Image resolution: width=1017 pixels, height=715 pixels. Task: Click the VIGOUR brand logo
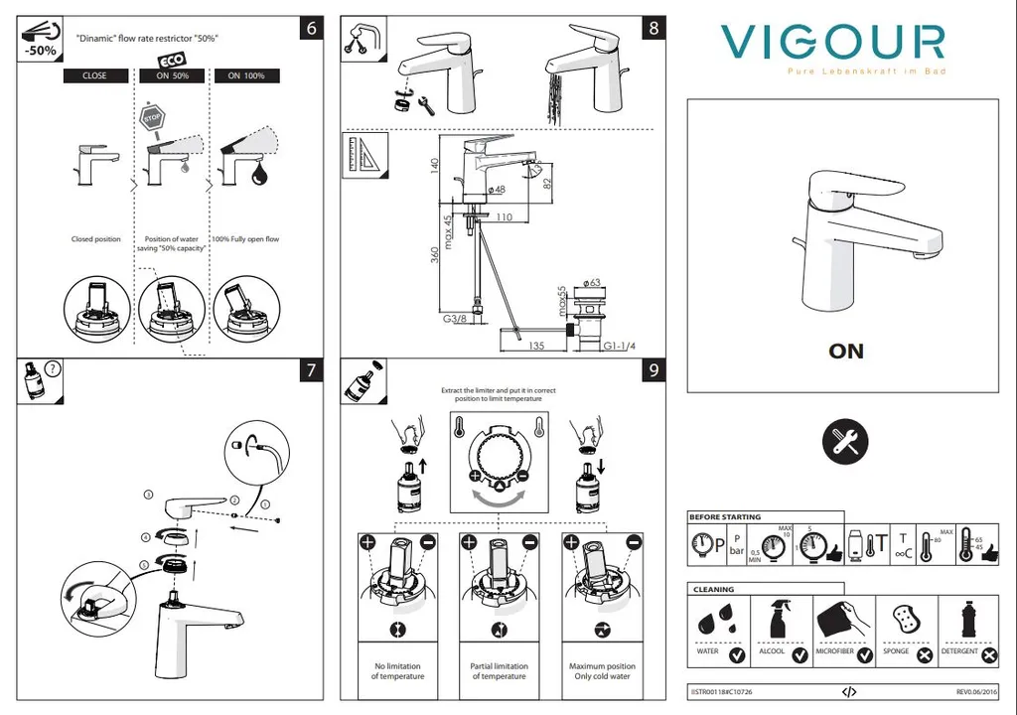(832, 43)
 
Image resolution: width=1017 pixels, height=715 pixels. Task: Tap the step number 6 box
(312, 28)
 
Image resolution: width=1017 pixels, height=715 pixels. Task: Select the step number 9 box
(653, 370)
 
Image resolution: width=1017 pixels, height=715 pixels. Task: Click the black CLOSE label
(94, 75)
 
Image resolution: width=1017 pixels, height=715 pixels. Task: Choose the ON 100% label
(245, 75)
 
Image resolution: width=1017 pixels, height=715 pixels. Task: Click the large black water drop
(260, 175)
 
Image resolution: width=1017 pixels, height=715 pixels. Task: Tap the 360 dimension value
(434, 255)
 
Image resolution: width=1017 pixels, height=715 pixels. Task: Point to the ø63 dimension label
(594, 284)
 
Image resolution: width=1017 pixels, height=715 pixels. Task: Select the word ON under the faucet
(846, 351)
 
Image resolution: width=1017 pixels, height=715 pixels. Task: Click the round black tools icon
(846, 440)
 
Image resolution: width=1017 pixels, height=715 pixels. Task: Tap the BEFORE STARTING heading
(726, 517)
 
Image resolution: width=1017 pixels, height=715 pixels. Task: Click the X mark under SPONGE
(925, 655)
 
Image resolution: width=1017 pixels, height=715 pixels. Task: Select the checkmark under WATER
(736, 655)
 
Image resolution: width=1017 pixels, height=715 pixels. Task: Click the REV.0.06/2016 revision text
(977, 691)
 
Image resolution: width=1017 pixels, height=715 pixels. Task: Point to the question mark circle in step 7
(53, 368)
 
